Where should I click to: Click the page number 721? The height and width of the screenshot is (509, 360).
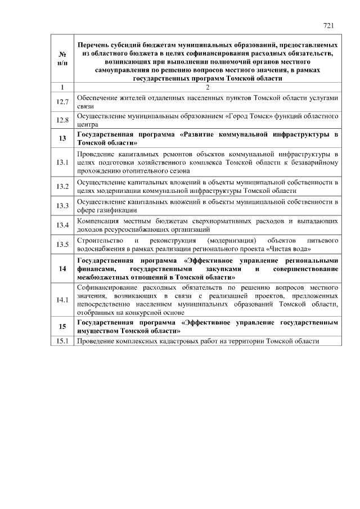(329, 25)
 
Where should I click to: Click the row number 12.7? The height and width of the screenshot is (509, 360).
(62, 102)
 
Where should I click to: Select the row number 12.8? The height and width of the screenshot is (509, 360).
(62, 120)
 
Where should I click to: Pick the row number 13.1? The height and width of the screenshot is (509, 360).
(62, 162)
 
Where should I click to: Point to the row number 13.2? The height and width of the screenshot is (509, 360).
(62, 186)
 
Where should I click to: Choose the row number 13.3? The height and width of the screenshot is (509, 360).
(62, 205)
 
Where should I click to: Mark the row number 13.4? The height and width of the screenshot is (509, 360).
(62, 225)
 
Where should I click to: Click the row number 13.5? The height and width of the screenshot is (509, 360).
(62, 244)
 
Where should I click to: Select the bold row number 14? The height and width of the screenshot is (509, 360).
(62, 268)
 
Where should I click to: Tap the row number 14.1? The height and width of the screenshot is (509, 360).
(62, 300)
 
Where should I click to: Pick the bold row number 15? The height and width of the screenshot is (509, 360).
(62, 327)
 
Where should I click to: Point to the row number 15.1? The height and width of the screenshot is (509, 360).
(62, 341)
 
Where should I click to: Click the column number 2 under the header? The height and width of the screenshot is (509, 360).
(207, 87)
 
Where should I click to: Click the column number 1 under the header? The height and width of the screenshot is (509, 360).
(62, 87)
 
